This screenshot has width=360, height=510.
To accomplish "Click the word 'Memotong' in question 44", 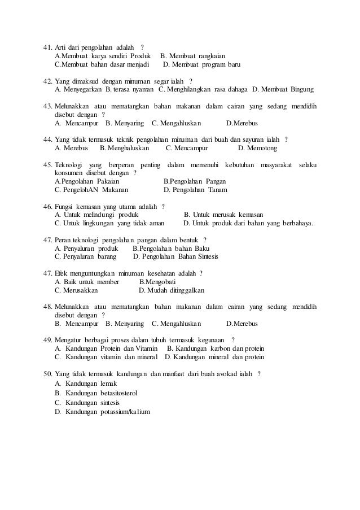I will pyautogui.click(x=261, y=148).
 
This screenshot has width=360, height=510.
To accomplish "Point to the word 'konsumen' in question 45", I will pyautogui.click(x=68, y=173).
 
